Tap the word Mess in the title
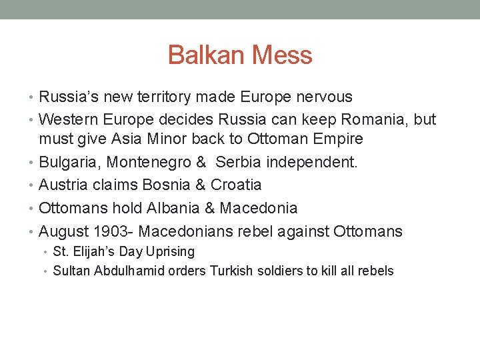coord(280,55)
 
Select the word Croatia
coord(236,185)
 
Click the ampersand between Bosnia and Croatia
coord(199,185)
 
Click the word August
coord(65,231)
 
